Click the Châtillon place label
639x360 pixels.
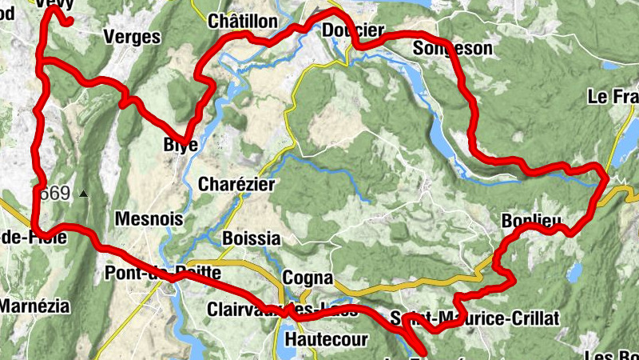pos(242,22)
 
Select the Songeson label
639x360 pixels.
pos(453,49)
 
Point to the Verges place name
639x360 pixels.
pos(132,38)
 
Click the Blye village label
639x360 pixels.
pos(180,145)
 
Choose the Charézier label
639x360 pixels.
pos(236,185)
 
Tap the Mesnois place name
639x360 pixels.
pos(149,219)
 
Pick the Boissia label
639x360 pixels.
pos(251,238)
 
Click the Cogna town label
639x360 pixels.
pos(308,278)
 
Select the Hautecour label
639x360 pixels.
pos(326,339)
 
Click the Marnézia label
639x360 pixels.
pos(35,306)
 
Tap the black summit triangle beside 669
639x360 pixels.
pos(82,194)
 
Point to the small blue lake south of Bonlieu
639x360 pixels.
pos(574,273)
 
